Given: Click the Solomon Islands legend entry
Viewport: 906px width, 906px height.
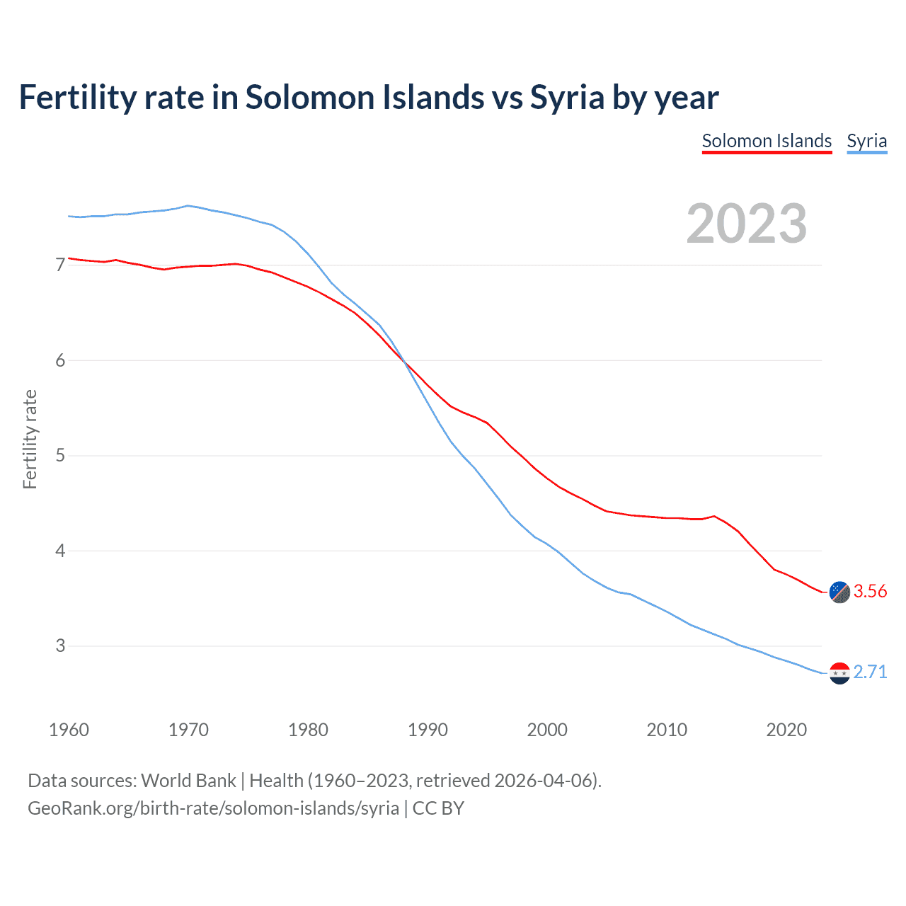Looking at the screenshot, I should pyautogui.click(x=767, y=141).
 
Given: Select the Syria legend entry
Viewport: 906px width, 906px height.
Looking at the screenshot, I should pyautogui.click(x=866, y=141).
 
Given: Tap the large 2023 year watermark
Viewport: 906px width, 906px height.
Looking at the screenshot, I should pyautogui.click(x=747, y=224).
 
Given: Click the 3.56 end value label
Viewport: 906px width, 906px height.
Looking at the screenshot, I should pyautogui.click(x=870, y=591).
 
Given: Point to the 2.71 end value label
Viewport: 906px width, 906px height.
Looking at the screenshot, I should pyautogui.click(x=870, y=672).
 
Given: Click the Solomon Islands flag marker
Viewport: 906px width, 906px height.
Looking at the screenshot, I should pyautogui.click(x=839, y=592).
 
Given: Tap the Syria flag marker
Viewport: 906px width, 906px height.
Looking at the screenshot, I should pyautogui.click(x=839, y=673).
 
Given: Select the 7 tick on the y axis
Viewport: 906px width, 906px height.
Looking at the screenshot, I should pyautogui.click(x=60, y=265).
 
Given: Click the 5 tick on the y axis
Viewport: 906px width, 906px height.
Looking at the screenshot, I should pyautogui.click(x=60, y=455).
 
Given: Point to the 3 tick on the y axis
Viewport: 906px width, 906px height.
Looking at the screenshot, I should pyautogui.click(x=60, y=646).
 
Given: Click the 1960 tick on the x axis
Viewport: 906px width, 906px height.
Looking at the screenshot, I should pyautogui.click(x=69, y=730).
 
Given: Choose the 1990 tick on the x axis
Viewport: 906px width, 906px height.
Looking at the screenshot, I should pyautogui.click(x=428, y=730).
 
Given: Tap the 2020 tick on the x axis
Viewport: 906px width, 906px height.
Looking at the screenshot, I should pyautogui.click(x=786, y=730).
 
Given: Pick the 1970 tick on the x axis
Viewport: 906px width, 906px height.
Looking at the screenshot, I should pyautogui.click(x=188, y=730).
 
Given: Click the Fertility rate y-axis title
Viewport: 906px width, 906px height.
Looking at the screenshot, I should pyautogui.click(x=30, y=439).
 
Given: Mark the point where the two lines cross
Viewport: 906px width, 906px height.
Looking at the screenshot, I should pyautogui.click(x=405, y=362).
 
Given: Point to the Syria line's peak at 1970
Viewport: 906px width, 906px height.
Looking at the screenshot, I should pyautogui.click(x=188, y=206).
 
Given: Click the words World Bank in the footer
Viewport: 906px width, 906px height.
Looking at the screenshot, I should pyautogui.click(x=188, y=781).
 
